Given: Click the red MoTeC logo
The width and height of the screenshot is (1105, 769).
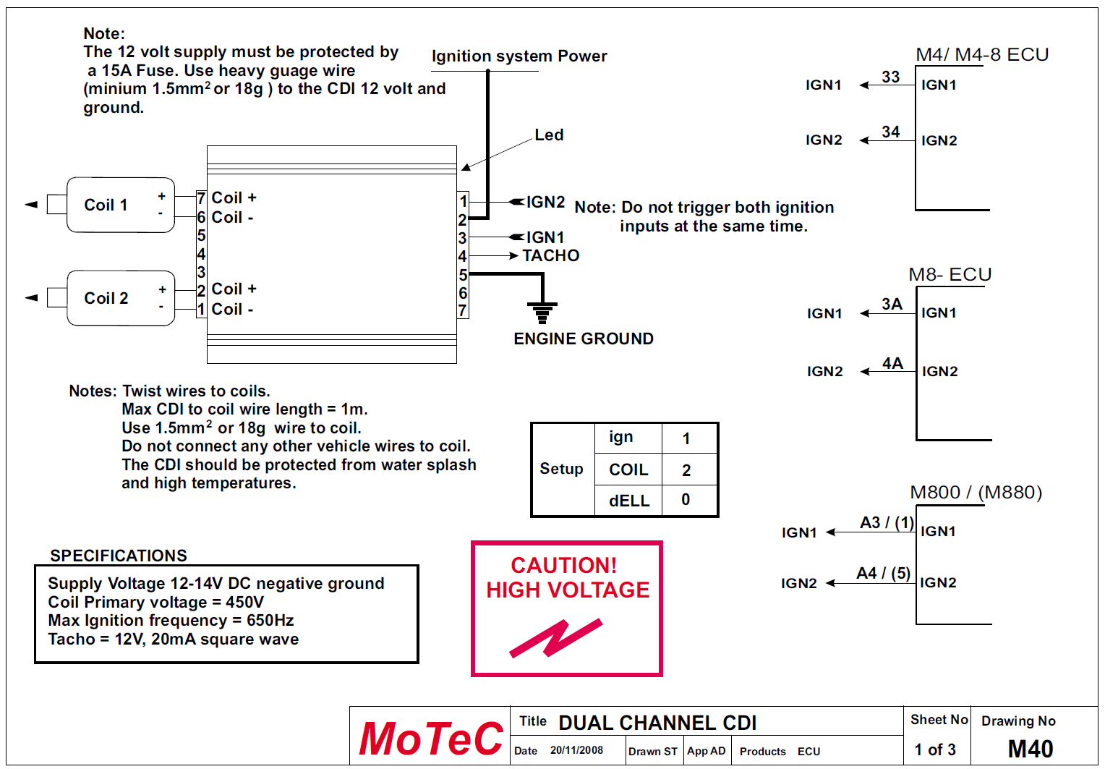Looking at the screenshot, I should [x=430, y=739].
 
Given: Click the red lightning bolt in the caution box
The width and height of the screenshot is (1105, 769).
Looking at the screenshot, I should [x=555, y=637].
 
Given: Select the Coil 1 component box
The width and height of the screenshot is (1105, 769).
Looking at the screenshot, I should [x=120, y=205].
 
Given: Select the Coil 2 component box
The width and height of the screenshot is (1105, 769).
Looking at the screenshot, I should [x=120, y=298].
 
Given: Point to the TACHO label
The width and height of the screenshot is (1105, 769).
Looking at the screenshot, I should [x=551, y=255].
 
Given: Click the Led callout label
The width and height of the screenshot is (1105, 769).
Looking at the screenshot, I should [x=549, y=135].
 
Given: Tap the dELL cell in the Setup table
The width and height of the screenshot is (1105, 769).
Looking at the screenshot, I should [x=629, y=501].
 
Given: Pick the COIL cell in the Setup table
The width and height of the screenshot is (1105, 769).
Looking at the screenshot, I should [x=628, y=470].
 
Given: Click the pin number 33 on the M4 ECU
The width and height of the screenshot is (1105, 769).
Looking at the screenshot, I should [x=890, y=77].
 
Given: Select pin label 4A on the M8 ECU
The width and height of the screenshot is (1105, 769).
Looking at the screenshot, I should [x=892, y=363].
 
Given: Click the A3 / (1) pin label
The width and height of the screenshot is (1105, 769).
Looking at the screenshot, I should [x=887, y=523].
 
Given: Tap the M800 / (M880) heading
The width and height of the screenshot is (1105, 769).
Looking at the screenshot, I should [x=976, y=493].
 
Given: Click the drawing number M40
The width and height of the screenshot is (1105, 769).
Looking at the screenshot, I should [x=1031, y=749].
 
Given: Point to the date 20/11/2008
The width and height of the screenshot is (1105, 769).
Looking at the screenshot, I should [x=576, y=750].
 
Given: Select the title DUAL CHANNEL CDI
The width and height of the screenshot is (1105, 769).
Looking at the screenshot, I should [x=657, y=723].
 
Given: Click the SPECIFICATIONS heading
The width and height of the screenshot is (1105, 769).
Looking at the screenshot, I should [x=119, y=556].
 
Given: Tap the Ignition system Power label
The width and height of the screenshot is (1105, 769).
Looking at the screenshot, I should [x=519, y=56].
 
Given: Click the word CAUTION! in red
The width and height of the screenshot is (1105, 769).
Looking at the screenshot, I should [x=564, y=565].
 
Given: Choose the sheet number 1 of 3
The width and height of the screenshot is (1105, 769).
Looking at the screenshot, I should [x=935, y=749].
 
